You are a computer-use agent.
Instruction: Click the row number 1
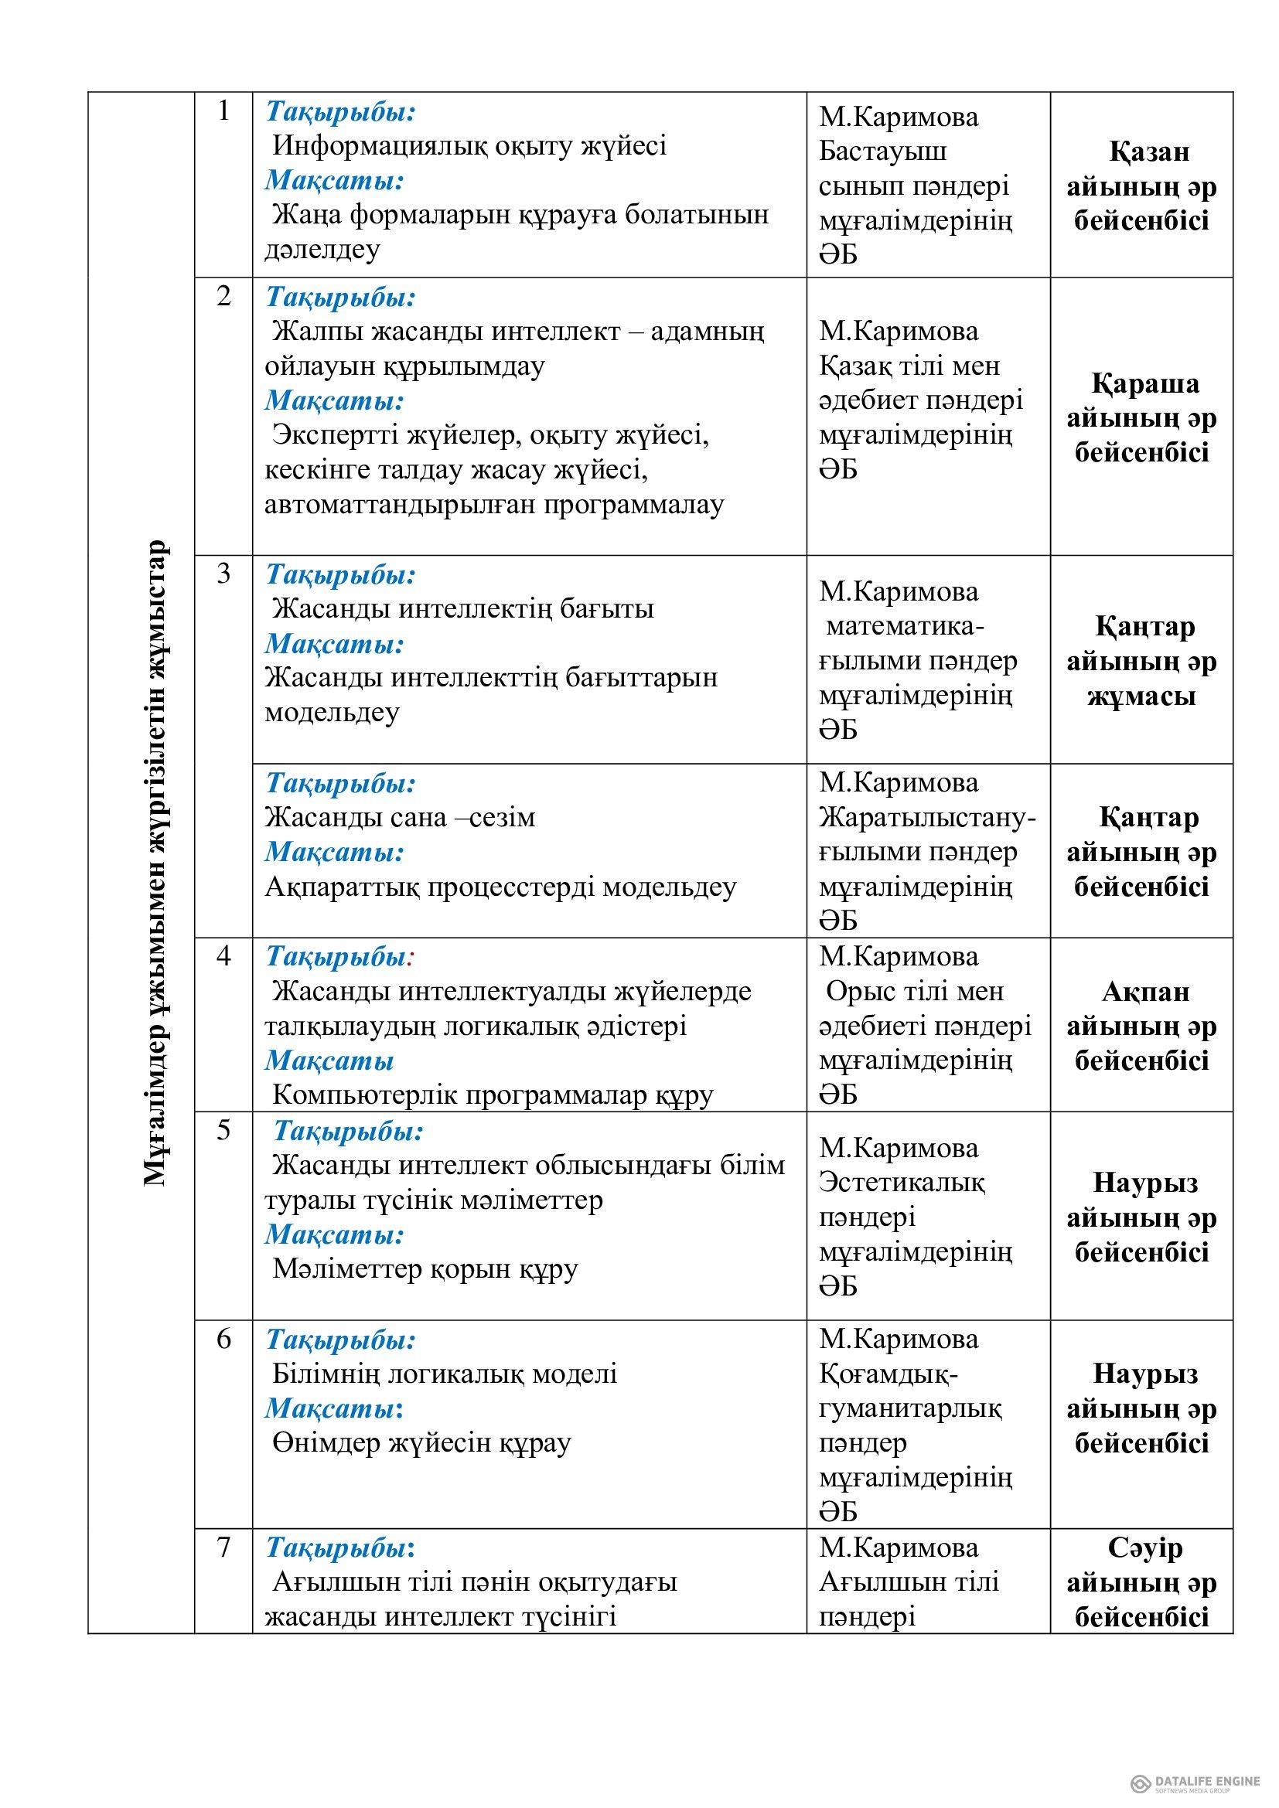click(223, 112)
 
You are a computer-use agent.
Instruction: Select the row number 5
click(223, 1130)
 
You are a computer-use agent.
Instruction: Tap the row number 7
click(223, 1548)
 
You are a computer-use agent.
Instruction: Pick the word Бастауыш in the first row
click(883, 152)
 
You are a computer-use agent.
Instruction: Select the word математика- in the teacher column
click(905, 627)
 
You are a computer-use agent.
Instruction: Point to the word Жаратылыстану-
click(927, 818)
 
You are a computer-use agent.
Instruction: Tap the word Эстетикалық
click(902, 1182)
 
